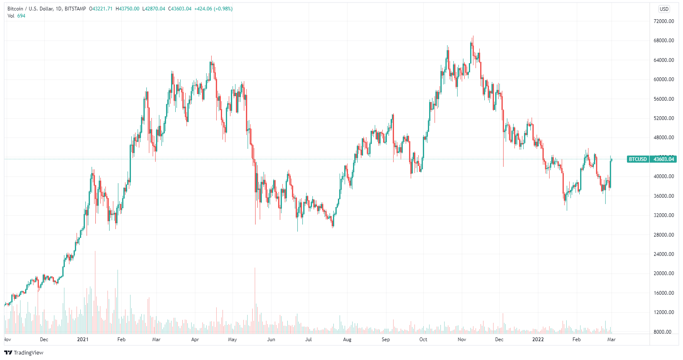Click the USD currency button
click(664, 9)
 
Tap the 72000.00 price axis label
click(664, 21)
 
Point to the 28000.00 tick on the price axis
click(664, 235)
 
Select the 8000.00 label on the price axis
click(664, 332)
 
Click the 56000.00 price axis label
click(664, 99)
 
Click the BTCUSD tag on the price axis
click(638, 159)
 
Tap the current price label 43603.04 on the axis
click(664, 159)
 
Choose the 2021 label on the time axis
click(83, 340)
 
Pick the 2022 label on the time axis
click(538, 340)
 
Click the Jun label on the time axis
click(271, 340)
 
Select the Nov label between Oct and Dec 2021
click(462, 340)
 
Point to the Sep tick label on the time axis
click(386, 340)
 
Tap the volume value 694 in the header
click(21, 16)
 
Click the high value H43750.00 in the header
click(128, 9)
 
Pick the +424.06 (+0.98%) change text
click(213, 9)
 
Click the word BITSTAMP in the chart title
click(75, 9)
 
